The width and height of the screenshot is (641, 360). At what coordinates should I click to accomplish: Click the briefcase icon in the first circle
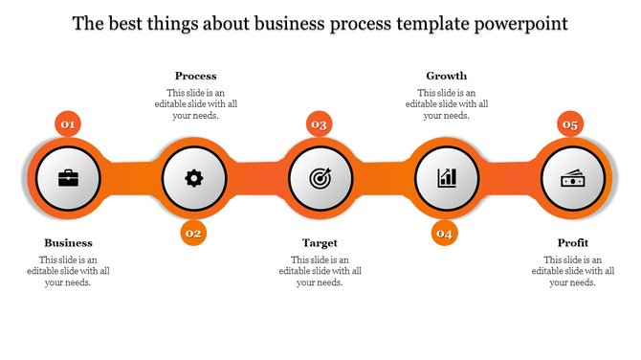[x=69, y=178]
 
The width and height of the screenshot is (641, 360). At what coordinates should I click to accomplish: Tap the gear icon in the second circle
[x=194, y=178]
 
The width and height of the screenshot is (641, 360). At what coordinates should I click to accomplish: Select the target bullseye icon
[x=320, y=178]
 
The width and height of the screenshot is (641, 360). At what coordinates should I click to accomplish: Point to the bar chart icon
[x=447, y=178]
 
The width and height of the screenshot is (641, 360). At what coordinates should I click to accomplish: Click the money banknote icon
[x=573, y=178]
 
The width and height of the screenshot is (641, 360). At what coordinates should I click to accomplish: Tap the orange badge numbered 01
[x=68, y=124]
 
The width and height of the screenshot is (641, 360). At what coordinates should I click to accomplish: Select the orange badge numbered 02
[x=194, y=233]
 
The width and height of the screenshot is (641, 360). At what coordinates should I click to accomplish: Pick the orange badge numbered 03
[x=320, y=124]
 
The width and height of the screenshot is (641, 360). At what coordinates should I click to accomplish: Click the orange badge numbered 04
[x=445, y=233]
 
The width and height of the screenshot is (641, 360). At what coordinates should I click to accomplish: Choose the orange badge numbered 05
[x=571, y=124]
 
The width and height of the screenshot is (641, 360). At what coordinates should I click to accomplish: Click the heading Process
[x=195, y=76]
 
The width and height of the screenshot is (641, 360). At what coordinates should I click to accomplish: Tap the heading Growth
[x=446, y=76]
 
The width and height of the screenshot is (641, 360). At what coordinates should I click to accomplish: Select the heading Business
[x=69, y=243]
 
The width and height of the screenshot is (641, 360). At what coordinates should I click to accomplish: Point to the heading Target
[x=320, y=243]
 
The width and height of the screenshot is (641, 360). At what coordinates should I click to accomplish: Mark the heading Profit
[x=572, y=243]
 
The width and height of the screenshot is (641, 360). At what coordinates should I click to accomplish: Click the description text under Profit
[x=572, y=271]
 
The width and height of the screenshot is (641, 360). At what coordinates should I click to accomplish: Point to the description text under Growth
[x=446, y=103]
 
